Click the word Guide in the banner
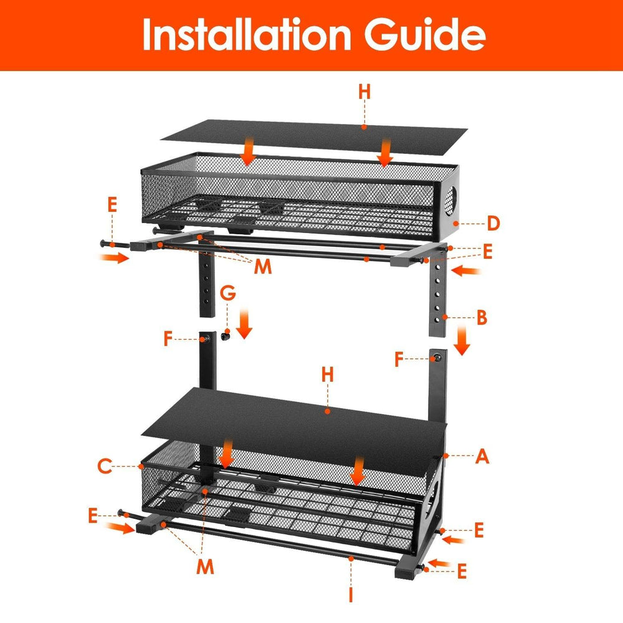click(424, 36)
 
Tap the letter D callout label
click(494, 222)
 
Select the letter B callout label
click(482, 318)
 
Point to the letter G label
click(229, 291)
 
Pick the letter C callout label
click(105, 465)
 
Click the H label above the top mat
click(364, 92)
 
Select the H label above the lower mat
click(328, 375)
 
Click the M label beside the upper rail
click(263, 267)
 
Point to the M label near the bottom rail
click(206, 566)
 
